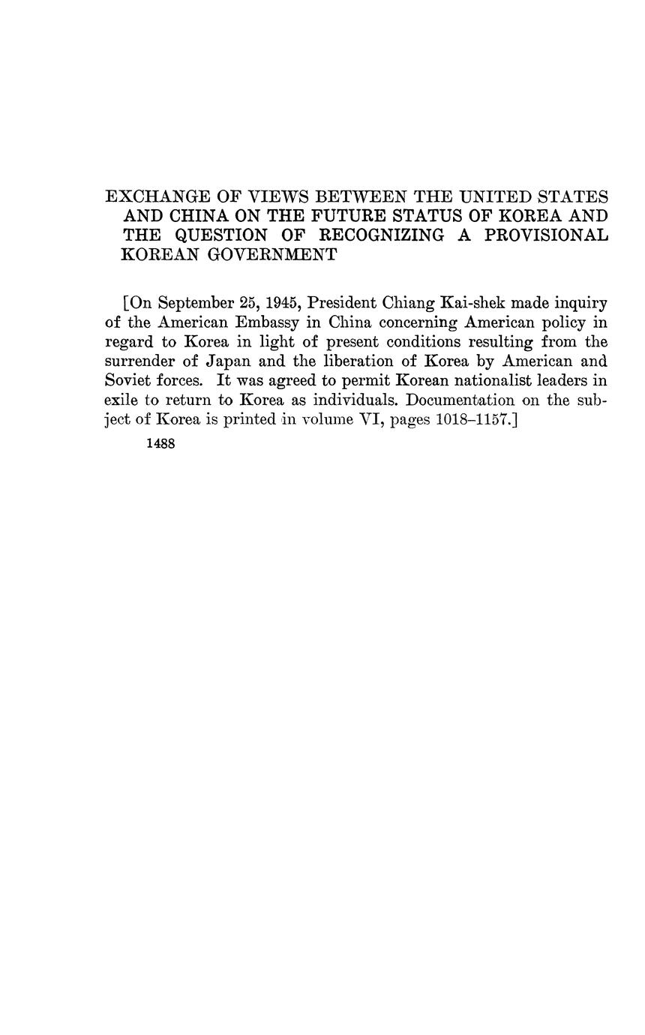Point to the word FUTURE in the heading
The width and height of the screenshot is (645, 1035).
[x=334, y=216]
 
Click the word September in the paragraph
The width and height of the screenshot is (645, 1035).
[x=197, y=304]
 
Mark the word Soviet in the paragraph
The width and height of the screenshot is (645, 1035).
[x=127, y=381]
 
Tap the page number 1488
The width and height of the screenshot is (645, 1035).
[x=160, y=444]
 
